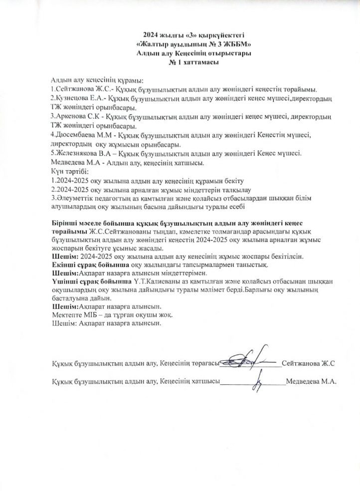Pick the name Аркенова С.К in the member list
(x=77, y=116)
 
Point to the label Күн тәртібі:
(x=70, y=171)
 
